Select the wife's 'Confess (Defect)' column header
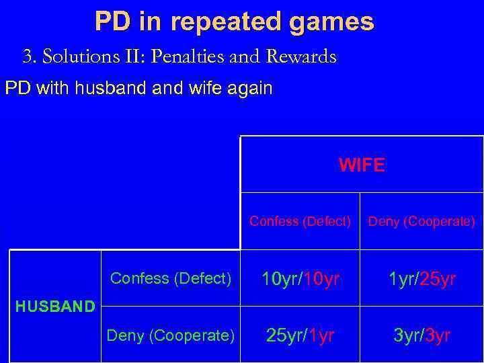coord(300,221)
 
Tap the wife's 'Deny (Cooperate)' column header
coord(421,221)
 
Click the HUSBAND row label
coord(55,307)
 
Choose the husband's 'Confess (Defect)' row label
coord(171,278)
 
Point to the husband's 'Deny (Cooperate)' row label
coord(171,335)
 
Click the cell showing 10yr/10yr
coord(300,278)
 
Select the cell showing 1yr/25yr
coord(421,278)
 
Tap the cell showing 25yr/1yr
coord(300,335)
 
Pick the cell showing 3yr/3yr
coord(421,335)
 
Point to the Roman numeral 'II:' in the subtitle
coord(132,57)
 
